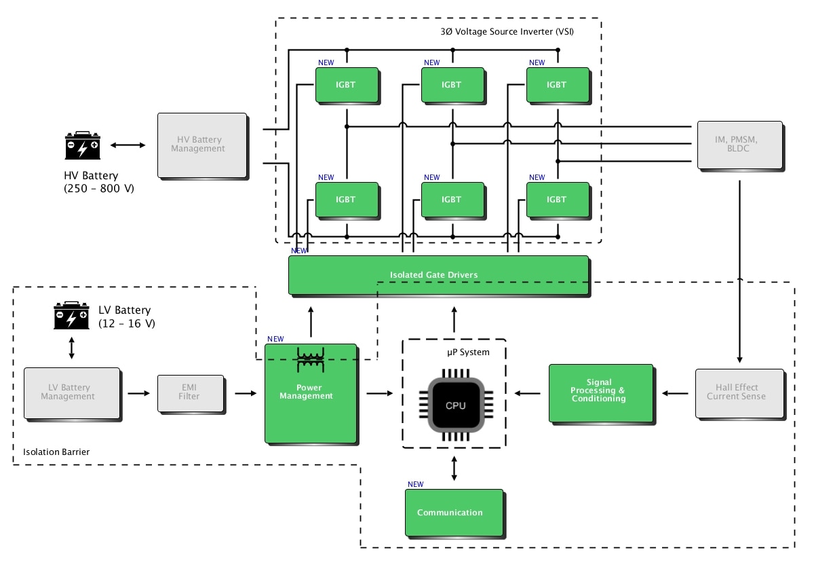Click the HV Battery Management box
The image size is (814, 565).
coord(201,145)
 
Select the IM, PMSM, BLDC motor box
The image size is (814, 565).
coord(739,145)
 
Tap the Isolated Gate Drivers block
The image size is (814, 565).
coord(438,275)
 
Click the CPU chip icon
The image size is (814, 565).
coord(454,405)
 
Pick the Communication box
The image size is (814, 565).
coord(453,512)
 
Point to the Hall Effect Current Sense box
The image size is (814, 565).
coord(739,393)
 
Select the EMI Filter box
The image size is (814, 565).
coord(190,393)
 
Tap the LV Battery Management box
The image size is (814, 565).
coord(72,393)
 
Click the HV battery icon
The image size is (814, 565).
coord(83,145)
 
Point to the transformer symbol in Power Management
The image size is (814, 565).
coord(311,361)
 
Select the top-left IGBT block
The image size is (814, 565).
coord(345,85)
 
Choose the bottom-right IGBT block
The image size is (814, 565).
coord(556,200)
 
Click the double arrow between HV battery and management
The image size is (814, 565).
coord(129,145)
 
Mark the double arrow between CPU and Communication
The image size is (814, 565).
coord(454,469)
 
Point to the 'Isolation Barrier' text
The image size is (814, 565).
coord(56,452)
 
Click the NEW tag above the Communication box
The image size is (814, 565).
coord(415,484)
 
